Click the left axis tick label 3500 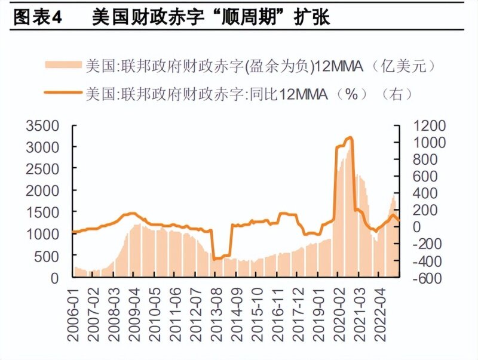point(44,125)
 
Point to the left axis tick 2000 point(44,190)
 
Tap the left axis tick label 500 point(49,256)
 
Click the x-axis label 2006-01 point(74,317)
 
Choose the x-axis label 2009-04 point(135,317)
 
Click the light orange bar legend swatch point(62,66)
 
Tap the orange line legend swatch point(62,93)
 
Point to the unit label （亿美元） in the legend point(406,66)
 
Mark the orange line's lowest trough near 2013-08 point(214,259)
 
